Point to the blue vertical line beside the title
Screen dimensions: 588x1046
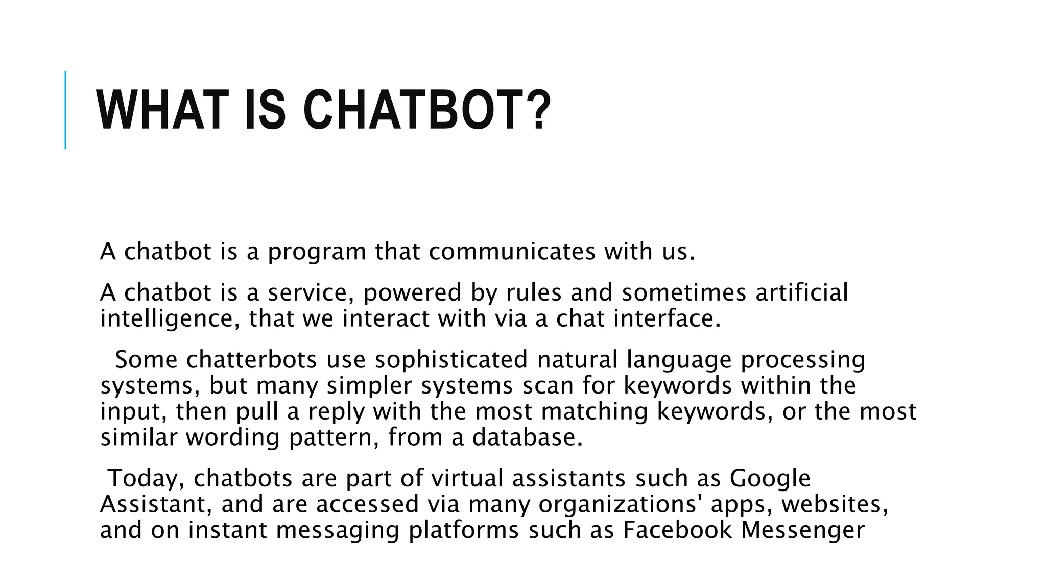[x=65, y=110]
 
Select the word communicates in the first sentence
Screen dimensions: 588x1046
[x=512, y=252]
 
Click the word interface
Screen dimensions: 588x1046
[x=667, y=318]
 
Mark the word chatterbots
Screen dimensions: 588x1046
[x=251, y=359]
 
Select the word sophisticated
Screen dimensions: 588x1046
[x=451, y=359]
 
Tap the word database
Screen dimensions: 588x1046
[x=527, y=437]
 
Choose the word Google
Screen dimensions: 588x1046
[x=770, y=479]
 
